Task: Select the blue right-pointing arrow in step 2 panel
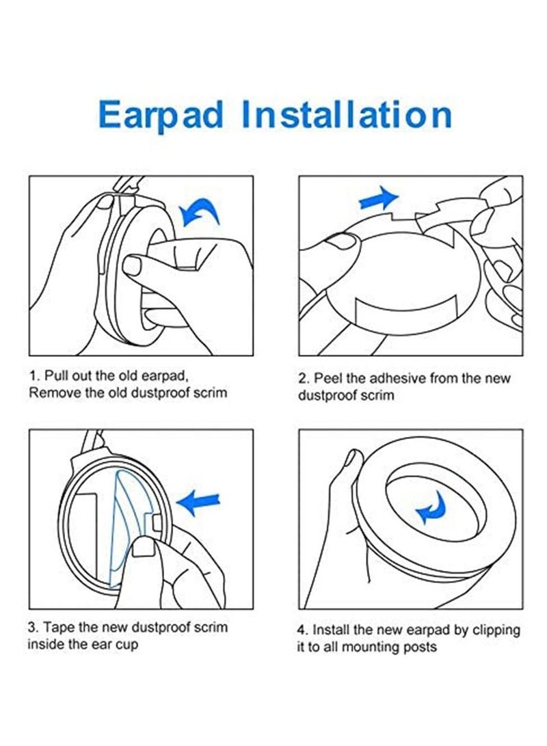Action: click(378, 199)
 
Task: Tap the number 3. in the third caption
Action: click(33, 627)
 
